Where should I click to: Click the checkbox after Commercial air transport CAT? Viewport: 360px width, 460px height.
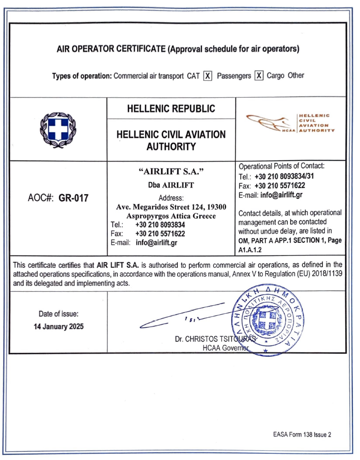(208, 76)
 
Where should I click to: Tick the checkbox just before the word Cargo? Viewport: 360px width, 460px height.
(259, 76)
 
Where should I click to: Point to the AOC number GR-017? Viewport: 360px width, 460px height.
(72, 198)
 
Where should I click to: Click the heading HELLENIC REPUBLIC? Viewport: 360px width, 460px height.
(171, 109)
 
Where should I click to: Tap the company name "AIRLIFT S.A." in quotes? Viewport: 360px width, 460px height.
(171, 171)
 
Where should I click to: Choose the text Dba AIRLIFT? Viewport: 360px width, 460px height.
(171, 185)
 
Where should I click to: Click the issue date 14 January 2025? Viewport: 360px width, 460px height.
(59, 326)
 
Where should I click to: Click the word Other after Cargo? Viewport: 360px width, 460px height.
(296, 76)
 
